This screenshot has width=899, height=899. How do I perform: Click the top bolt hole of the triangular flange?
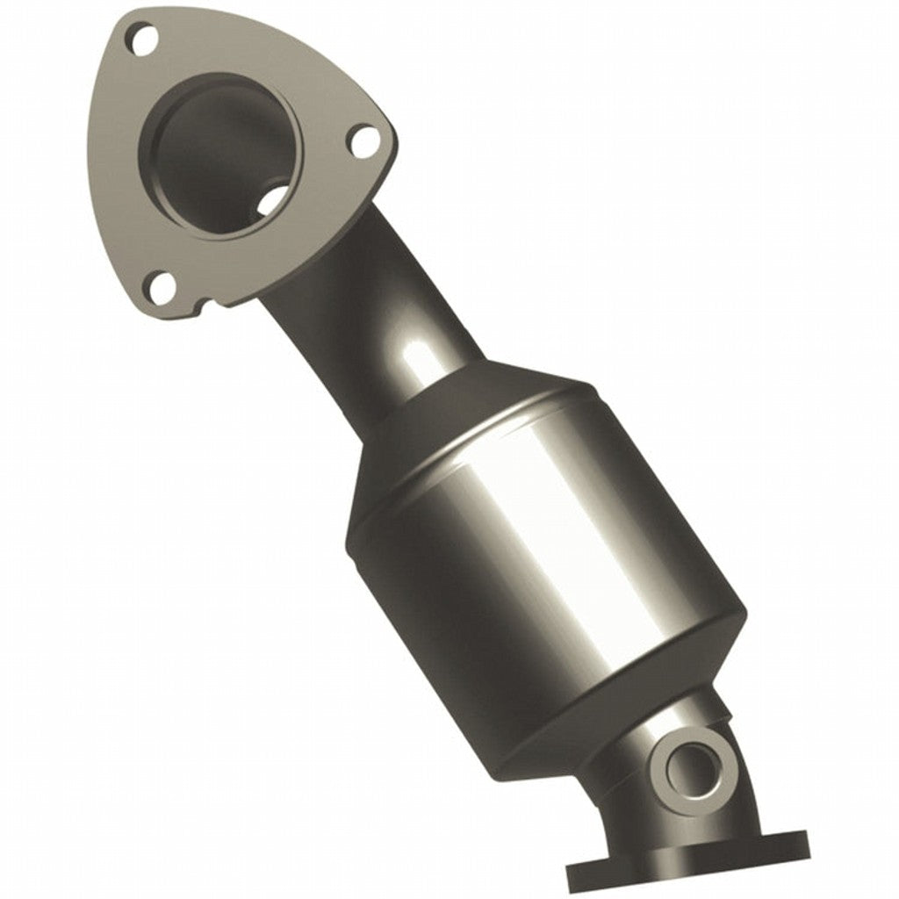[x=140, y=37]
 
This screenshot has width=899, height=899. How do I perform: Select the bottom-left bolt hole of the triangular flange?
[x=160, y=285]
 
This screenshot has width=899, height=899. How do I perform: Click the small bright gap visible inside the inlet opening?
[x=275, y=200]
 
